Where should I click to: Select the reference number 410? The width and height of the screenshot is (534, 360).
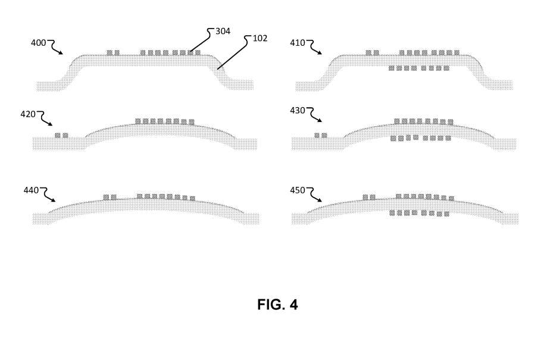click(x=298, y=43)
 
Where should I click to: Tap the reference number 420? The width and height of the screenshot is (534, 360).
click(x=29, y=113)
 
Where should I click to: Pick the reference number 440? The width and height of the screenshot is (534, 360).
click(x=30, y=190)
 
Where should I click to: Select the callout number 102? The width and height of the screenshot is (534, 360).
click(x=260, y=39)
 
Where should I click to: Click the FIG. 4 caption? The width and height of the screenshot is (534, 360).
click(x=277, y=305)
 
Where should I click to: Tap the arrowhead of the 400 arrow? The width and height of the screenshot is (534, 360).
click(x=63, y=55)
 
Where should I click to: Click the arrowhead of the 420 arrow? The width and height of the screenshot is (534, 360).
click(x=53, y=125)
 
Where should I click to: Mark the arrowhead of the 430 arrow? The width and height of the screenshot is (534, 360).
click(x=323, y=123)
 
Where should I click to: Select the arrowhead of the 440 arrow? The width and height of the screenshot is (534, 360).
click(x=57, y=202)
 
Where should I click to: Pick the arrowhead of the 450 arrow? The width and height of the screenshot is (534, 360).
click(x=323, y=202)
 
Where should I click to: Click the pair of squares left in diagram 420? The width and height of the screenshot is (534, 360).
click(x=61, y=136)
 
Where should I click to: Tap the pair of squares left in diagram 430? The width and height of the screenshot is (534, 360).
click(x=321, y=136)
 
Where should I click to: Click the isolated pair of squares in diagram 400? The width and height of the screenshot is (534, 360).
click(x=113, y=53)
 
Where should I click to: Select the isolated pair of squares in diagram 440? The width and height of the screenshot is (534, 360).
click(x=110, y=197)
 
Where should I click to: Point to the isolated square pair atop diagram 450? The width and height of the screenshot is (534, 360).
click(x=369, y=197)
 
